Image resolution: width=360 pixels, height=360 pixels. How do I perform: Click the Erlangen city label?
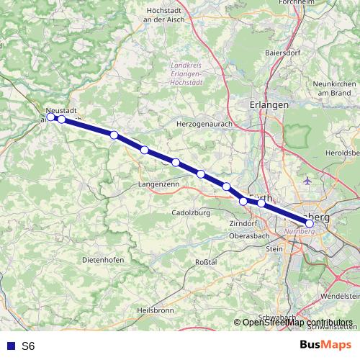coord(269,104)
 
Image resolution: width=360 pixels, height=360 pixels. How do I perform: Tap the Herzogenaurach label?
coord(201,124)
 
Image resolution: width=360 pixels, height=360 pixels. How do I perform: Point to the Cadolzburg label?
coord(190,212)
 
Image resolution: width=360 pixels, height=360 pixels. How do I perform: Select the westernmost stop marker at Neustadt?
coord(50,117)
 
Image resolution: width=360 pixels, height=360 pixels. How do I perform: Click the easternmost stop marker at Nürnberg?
coord(310,223)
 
